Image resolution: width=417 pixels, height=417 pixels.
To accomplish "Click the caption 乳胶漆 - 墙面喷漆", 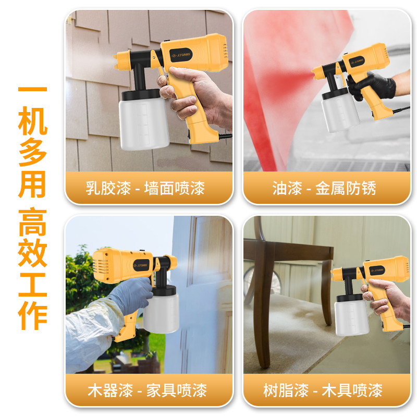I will tap(145, 188).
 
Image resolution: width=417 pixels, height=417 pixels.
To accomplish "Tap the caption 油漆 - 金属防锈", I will tap(324, 188).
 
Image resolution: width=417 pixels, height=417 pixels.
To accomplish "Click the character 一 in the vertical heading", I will tap(32, 90).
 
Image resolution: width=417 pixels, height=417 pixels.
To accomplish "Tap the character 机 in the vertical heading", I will tap(32, 121).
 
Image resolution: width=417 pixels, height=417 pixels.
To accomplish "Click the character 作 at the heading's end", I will tap(32, 313).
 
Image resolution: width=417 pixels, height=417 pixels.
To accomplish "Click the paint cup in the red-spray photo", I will tap(339, 112).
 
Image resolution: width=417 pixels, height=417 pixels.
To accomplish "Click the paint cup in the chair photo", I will tap(351, 315).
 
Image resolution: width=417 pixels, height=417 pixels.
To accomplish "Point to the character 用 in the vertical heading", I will tap(32, 185).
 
